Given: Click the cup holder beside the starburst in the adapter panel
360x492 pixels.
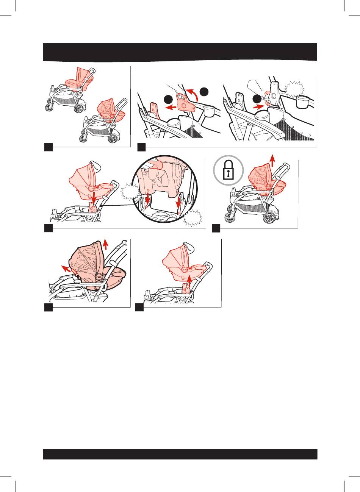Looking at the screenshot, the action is point(303,101).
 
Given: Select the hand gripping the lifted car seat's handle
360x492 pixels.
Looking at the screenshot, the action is point(188,247).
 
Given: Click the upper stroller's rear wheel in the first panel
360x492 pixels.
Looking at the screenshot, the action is point(78,108).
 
